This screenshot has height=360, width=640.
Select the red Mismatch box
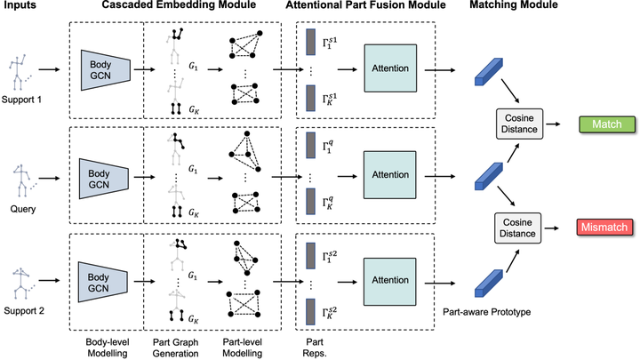pos(604,228)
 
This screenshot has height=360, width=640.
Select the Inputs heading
pos(20,8)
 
